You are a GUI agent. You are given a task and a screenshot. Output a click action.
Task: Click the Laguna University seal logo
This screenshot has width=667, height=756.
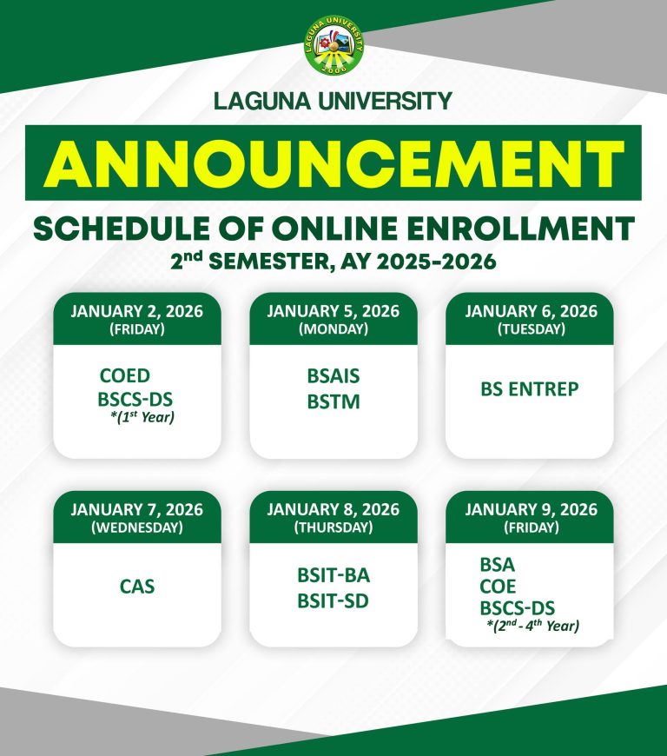coord(333,45)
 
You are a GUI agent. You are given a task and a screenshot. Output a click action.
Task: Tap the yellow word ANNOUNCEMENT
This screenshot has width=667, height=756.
coord(333,163)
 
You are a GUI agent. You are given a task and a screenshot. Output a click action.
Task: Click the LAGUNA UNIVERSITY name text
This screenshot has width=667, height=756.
coord(333,101)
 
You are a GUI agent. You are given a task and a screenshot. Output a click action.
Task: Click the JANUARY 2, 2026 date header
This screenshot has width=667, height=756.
coord(137,312)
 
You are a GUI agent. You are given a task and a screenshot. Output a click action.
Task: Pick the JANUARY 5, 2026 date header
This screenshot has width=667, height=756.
coord(333,312)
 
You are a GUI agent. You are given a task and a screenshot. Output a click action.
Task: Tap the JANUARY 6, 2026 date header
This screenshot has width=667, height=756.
coord(530,312)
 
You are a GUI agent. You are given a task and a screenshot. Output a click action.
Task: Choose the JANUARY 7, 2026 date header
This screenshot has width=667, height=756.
coord(137,509)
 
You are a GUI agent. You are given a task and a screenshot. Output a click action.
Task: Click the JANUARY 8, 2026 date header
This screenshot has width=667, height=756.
coord(333,509)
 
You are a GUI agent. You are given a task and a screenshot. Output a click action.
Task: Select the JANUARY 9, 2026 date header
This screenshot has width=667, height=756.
coord(530,509)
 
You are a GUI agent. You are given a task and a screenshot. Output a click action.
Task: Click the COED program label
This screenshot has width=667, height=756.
coord(124,376)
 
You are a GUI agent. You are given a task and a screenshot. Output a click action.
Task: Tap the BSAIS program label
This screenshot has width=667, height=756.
coord(333,377)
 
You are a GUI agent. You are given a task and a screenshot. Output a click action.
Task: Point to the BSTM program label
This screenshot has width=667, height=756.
coord(333,401)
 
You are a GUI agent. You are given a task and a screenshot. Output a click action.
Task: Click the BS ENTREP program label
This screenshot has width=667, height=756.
coord(529,389)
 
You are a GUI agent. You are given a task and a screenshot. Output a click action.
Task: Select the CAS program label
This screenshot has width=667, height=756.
coord(137,587)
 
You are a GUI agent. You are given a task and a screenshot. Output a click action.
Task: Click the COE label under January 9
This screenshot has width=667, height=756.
coord(498,587)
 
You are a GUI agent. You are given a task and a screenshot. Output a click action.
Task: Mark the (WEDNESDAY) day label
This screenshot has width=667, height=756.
coord(137,527)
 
